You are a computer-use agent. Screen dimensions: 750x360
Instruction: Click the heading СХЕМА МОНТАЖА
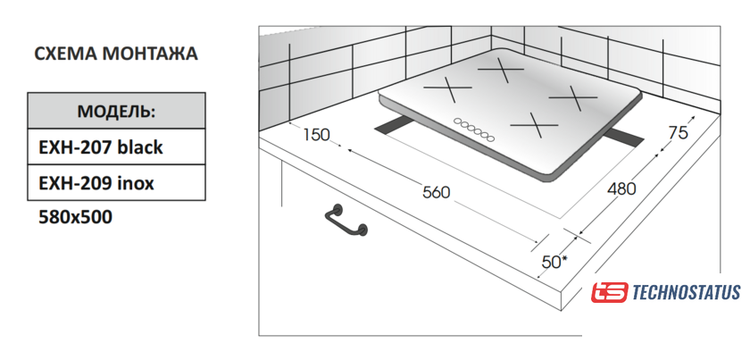tap(116, 54)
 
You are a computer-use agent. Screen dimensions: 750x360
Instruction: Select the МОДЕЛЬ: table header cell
tap(116, 111)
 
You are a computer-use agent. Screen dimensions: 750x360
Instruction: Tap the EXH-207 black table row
tap(116, 147)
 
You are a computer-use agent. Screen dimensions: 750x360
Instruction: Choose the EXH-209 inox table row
tap(116, 182)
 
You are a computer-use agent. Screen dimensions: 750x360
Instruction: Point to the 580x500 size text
tap(76, 217)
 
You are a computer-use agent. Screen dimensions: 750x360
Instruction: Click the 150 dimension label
tap(317, 135)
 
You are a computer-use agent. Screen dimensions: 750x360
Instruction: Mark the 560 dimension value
tap(437, 192)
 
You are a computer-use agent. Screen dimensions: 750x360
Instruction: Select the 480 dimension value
tap(621, 189)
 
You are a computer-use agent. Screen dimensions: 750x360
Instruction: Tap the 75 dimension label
tap(678, 132)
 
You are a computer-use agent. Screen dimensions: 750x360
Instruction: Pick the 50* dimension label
tap(554, 262)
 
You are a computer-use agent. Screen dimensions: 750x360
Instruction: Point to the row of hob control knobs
tap(473, 130)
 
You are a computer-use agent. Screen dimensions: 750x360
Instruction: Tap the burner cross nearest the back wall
tap(501, 70)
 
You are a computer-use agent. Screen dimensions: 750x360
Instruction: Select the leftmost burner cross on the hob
tap(447, 89)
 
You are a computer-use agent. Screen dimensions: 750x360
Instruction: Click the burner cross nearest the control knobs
tap(534, 125)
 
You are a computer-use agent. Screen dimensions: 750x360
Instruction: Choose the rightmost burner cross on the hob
tap(573, 97)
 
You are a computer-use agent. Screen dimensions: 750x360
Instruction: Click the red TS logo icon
tap(609, 292)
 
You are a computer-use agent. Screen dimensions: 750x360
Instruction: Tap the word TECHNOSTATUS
tap(687, 292)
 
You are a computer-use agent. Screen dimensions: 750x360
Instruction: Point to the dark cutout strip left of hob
tap(394, 126)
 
